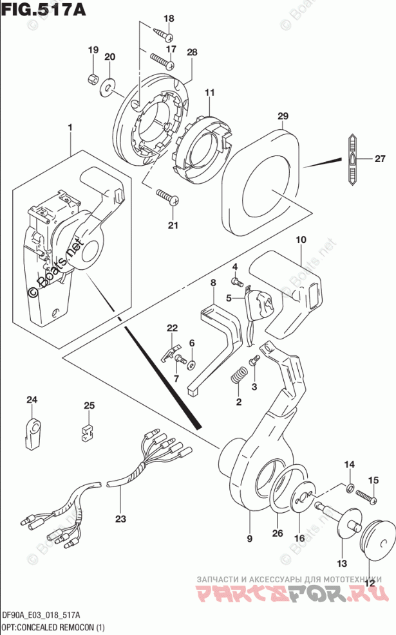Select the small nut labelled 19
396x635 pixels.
(x=92, y=79)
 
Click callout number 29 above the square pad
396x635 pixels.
(x=282, y=116)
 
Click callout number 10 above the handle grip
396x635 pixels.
(x=300, y=240)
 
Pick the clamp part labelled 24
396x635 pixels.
(x=32, y=431)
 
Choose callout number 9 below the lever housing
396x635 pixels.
(x=249, y=538)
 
